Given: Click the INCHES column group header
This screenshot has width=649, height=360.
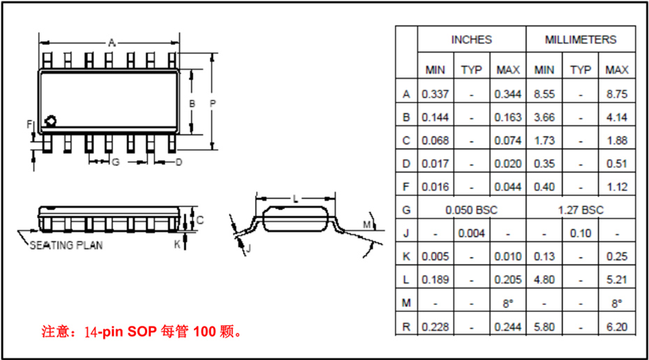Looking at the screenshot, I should click(x=471, y=40).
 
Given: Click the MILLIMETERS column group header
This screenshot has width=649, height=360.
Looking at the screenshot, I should click(x=581, y=40).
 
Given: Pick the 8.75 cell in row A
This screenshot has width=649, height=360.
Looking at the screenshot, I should click(x=617, y=93).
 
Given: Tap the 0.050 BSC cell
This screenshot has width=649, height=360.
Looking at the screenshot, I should click(x=471, y=209).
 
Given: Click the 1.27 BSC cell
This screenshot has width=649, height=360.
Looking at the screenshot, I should click(x=581, y=209).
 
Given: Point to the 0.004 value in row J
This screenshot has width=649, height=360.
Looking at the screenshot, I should click(x=472, y=233).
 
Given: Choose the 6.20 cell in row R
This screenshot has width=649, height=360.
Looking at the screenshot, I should click(x=617, y=326).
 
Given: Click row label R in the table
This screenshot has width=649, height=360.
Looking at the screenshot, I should click(x=406, y=326).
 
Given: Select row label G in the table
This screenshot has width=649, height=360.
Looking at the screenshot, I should click(x=406, y=209).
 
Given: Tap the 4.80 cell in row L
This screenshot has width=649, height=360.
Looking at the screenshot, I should click(x=544, y=279).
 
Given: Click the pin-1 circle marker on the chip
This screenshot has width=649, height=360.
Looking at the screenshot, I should click(x=50, y=121).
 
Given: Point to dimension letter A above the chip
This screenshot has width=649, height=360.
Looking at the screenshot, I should click(x=111, y=43).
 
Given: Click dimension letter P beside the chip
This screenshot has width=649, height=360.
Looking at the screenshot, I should click(x=213, y=103).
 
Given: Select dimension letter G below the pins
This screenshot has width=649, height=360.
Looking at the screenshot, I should click(x=116, y=162).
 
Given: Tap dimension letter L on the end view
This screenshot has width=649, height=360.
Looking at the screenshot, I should click(x=296, y=199).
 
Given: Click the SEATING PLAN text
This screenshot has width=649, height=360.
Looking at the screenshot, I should click(x=66, y=246).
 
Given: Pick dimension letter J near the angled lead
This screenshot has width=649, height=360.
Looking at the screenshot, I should click(x=248, y=248).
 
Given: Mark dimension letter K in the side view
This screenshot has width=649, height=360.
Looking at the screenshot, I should click(x=177, y=244).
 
